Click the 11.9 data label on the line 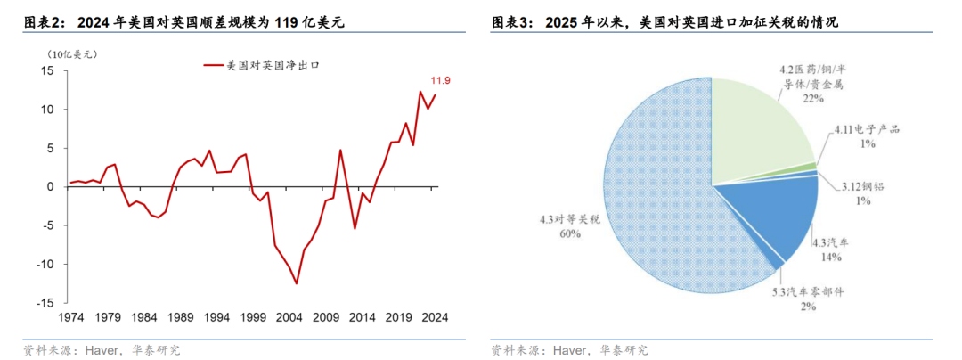[442, 81]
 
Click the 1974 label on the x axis [70, 317]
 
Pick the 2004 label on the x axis [289, 317]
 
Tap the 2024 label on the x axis [435, 317]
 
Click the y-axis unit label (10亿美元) [73, 53]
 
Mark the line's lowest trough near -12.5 [296, 283]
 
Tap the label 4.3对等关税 [570, 219]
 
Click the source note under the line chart [102, 349]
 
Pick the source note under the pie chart [569, 349]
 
